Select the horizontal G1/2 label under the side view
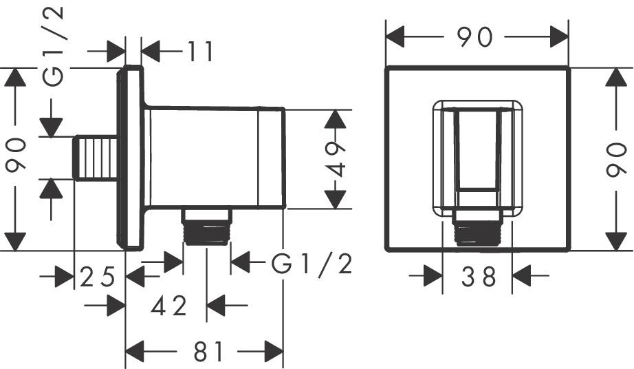[x=311, y=262]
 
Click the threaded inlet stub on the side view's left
[x=95, y=158]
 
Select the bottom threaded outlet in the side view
[x=207, y=227]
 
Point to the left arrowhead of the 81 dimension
[x=133, y=352]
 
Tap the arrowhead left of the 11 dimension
[x=116, y=50]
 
